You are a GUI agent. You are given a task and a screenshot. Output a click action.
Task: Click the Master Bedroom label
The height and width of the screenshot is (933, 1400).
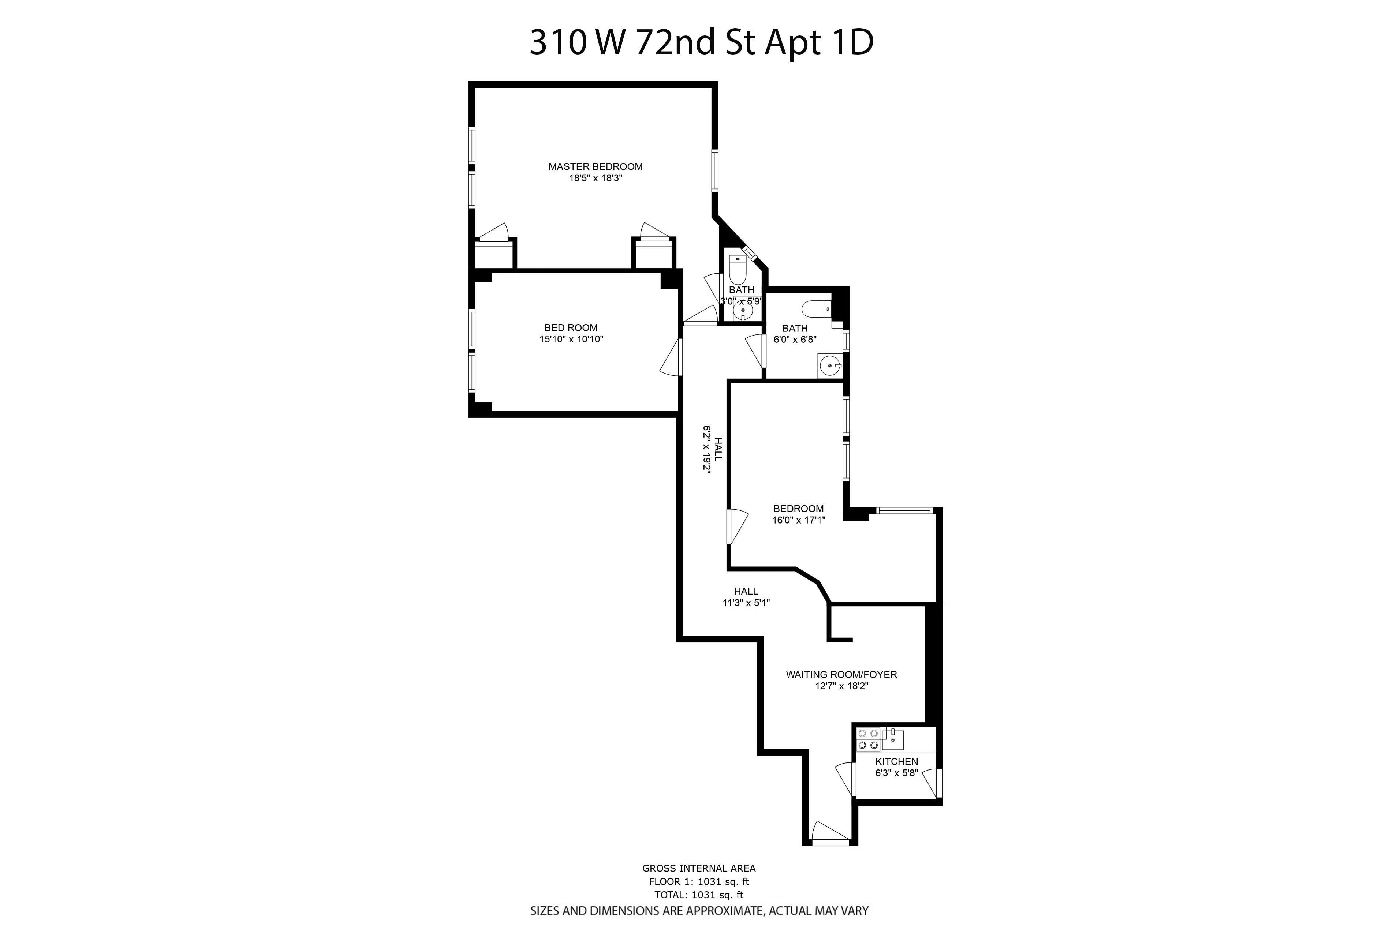pos(595,166)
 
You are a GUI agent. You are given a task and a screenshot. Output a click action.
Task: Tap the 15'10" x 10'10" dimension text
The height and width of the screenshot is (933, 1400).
pos(571,339)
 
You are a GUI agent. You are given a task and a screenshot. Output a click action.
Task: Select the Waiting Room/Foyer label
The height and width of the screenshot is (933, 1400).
pos(841,674)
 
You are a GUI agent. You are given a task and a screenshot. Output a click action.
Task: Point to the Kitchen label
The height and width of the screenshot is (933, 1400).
pos(896,762)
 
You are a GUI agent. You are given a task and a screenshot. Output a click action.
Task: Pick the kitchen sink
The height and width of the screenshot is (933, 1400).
pos(893,739)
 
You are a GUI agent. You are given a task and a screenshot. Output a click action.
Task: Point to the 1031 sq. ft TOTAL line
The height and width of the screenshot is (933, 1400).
pos(699,911)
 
